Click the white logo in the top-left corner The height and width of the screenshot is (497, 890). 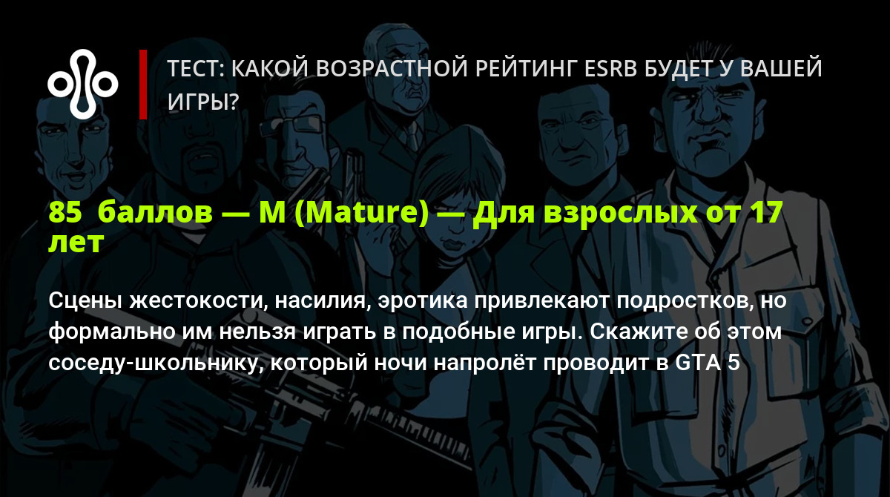click(82, 85)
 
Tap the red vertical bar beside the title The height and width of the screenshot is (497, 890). click(143, 85)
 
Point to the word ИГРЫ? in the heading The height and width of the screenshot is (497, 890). click(203, 102)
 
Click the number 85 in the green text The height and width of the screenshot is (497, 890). click(65, 212)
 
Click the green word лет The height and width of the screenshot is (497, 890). click(76, 243)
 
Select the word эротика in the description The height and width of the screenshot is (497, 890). click(423, 300)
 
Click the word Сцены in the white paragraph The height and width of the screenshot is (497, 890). click(85, 300)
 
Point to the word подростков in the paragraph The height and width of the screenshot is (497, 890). click(685, 301)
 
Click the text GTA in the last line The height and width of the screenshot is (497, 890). click(698, 363)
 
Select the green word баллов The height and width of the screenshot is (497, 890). click(155, 212)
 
